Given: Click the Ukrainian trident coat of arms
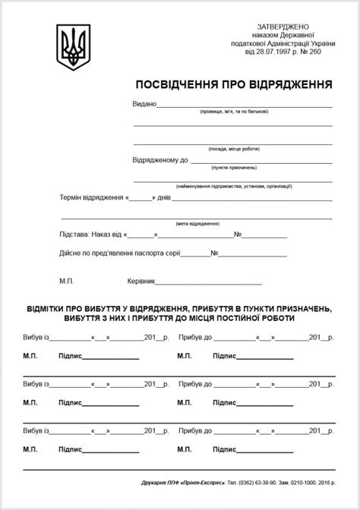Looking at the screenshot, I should [x=74, y=48].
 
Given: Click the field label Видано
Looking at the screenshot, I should [x=144, y=103].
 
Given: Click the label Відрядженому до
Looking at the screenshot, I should [x=160, y=160].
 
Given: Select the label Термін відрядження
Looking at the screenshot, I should [x=91, y=197].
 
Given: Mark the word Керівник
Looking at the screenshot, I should [x=141, y=281].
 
